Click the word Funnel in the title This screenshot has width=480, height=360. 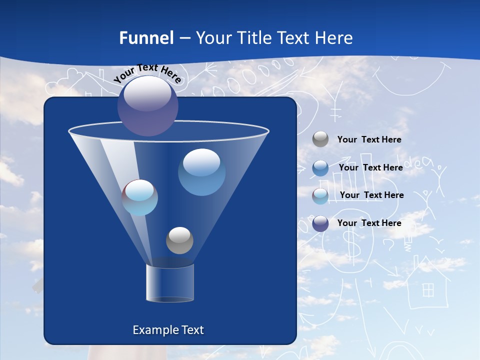(x=146, y=38)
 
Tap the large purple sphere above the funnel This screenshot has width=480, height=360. (x=147, y=105)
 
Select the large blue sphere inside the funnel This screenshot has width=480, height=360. (x=201, y=172)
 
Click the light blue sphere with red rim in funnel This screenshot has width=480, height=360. (x=140, y=197)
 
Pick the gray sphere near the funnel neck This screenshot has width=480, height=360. (x=179, y=240)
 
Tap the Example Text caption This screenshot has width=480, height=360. (x=168, y=330)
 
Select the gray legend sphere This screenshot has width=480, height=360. (x=320, y=139)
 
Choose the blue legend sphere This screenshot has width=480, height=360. (x=320, y=167)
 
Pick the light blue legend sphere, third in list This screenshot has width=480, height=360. (x=320, y=195)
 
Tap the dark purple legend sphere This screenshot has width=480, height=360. (x=320, y=223)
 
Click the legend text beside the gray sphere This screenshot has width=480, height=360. (x=369, y=139)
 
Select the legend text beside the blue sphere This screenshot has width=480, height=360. (x=370, y=167)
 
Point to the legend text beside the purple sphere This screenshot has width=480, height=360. (x=369, y=223)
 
